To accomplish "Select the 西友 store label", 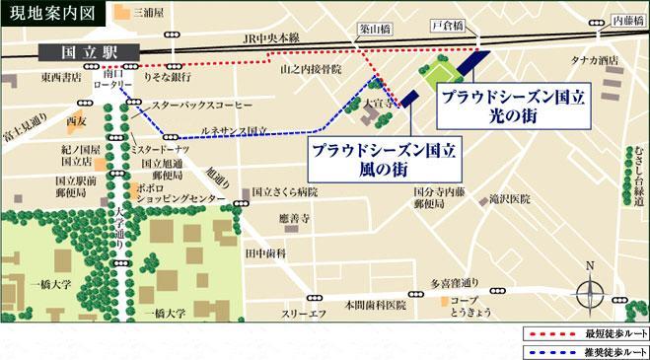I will (x=75, y=122).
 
